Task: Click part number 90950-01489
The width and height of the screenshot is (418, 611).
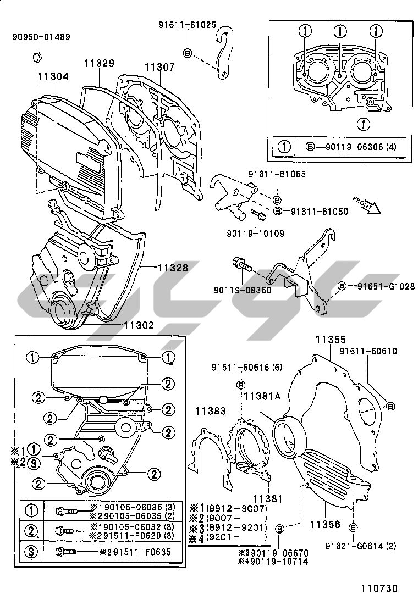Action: pyautogui.click(x=41, y=37)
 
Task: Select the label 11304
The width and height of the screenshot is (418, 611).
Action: pyautogui.click(x=53, y=76)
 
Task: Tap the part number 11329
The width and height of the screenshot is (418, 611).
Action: pyautogui.click(x=99, y=63)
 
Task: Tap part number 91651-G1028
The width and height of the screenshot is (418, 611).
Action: pyautogui.click(x=381, y=286)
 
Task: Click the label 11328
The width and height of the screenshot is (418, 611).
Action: pyautogui.click(x=173, y=268)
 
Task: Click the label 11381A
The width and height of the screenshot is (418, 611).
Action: pyautogui.click(x=262, y=396)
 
